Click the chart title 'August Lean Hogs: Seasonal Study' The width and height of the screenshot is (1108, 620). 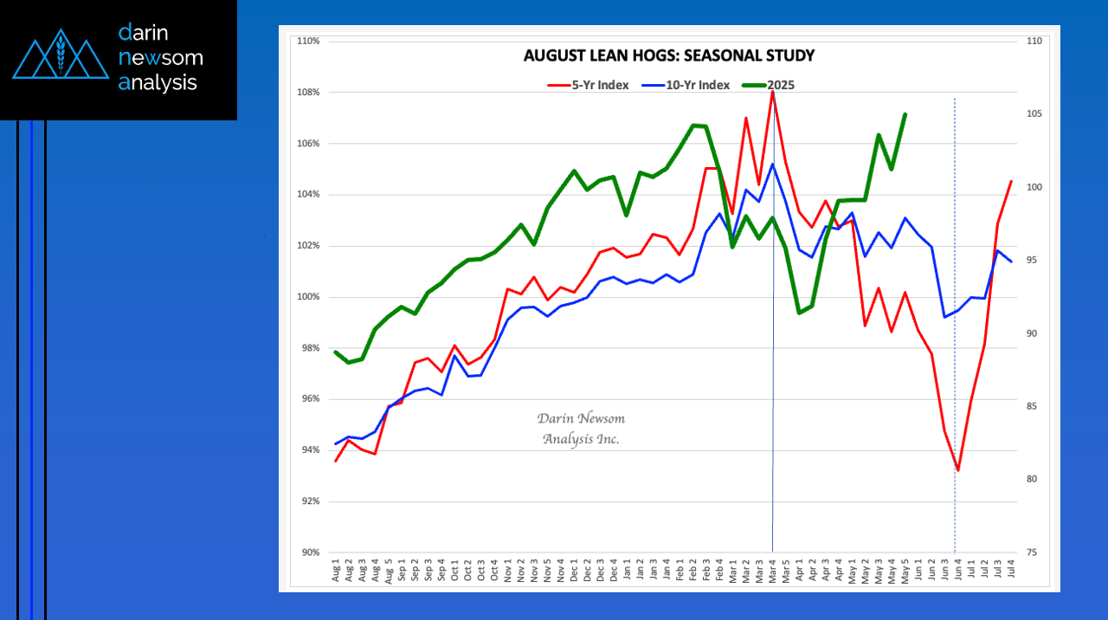[668, 56]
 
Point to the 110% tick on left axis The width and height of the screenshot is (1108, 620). [309, 42]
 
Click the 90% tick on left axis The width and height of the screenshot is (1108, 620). [310, 552]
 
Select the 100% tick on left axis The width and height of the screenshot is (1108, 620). [309, 297]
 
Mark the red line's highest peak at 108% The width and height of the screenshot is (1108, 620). [772, 91]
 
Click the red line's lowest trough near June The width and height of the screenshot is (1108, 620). [957, 470]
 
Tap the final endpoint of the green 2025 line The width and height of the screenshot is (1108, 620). [905, 114]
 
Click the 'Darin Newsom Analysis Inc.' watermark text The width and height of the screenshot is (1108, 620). [581, 429]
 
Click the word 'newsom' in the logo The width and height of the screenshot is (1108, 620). [160, 58]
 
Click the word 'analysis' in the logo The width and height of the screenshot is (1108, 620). [158, 83]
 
